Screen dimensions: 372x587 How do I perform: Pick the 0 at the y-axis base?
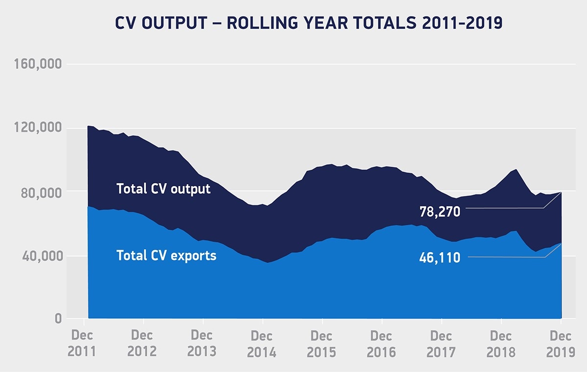point(58,319)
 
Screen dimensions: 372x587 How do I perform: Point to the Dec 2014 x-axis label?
point(262,344)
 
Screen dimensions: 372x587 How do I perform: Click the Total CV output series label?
point(163,189)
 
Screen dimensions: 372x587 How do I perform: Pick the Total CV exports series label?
point(166,255)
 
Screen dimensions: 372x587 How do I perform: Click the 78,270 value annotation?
point(440,212)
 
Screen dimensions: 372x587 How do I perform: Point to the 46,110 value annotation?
point(440,257)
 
